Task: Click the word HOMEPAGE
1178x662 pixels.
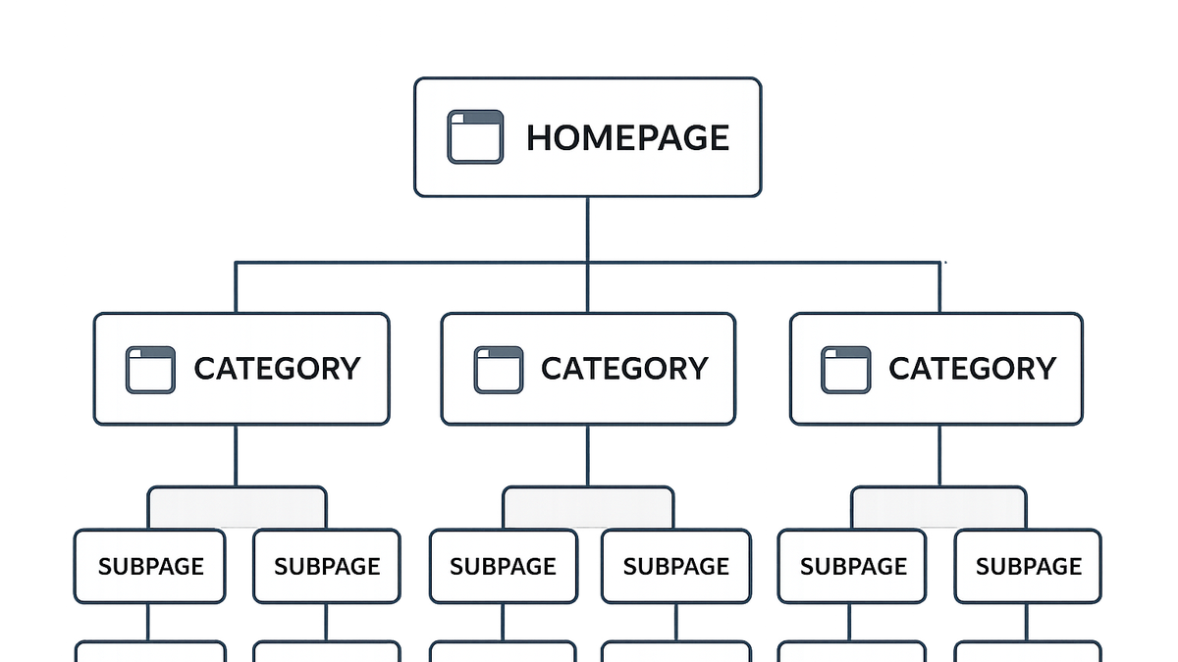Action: click(627, 137)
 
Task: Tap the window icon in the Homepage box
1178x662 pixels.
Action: click(475, 136)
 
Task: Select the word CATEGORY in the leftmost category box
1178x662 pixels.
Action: click(277, 369)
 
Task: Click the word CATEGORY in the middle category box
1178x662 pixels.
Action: click(624, 369)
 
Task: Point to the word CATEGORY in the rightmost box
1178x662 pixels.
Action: click(973, 369)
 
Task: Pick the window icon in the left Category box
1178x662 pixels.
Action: click(150, 370)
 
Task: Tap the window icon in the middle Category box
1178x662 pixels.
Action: click(499, 370)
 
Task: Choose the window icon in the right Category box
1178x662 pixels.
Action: click(845, 370)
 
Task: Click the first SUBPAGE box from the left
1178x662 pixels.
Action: click(150, 567)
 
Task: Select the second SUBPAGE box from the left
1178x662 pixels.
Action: click(327, 567)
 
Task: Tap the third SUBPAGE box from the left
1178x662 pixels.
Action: click(504, 567)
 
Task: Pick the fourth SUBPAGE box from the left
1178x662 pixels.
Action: click(676, 567)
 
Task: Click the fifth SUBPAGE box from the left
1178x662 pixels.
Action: click(852, 567)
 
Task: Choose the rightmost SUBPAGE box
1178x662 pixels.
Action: click(1028, 567)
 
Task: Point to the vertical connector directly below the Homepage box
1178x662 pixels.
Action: click(587, 229)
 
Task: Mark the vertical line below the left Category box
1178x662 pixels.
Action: click(236, 455)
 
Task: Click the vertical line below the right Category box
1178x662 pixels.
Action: click(939, 455)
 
